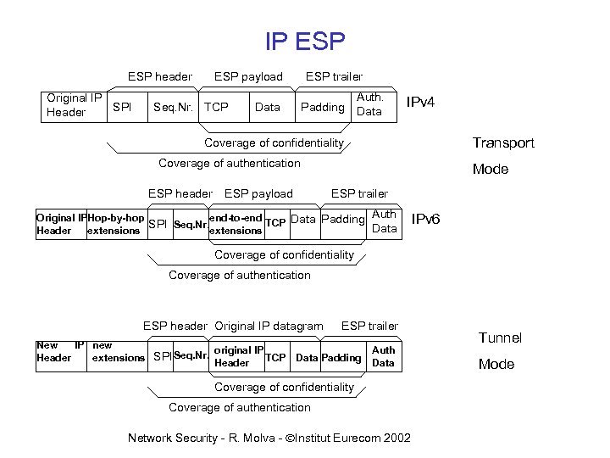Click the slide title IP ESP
point(305,40)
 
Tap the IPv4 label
point(421,103)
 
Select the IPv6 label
point(425,220)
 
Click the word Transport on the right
point(503,142)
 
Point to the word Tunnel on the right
point(500,338)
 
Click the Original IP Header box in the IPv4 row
point(75,105)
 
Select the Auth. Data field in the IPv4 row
point(370,105)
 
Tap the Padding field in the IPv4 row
point(323,107)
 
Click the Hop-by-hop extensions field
point(114,224)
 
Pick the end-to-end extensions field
point(236,224)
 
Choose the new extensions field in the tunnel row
point(118,351)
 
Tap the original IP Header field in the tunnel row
point(238,356)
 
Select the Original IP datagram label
point(269,326)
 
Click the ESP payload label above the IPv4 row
point(248,76)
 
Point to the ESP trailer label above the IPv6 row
point(359,193)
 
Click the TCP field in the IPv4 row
point(217,107)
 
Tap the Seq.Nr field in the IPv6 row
point(190,225)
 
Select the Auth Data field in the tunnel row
point(383,356)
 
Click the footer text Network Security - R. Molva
point(269,438)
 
